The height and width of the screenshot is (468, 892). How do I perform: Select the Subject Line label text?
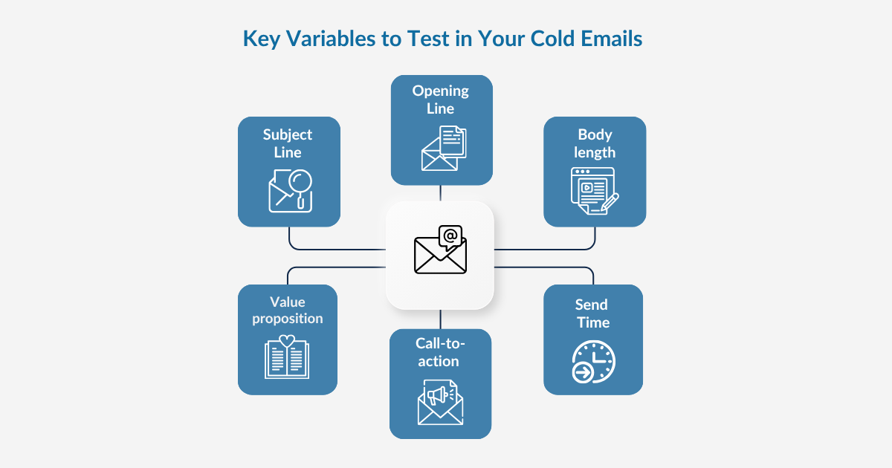288,143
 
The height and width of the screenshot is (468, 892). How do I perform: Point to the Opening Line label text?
441,100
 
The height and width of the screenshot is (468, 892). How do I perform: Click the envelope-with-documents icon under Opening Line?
444,148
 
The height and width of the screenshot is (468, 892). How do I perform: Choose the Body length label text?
595,143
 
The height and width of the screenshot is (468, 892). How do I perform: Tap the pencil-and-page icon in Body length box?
595,191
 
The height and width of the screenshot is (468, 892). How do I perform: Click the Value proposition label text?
288,311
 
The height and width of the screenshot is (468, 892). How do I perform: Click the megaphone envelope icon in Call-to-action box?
440,402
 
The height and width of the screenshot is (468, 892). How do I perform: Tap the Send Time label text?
592,313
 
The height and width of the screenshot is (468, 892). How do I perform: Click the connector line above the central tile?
441,193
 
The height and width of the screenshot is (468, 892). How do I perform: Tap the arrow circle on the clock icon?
583,373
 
